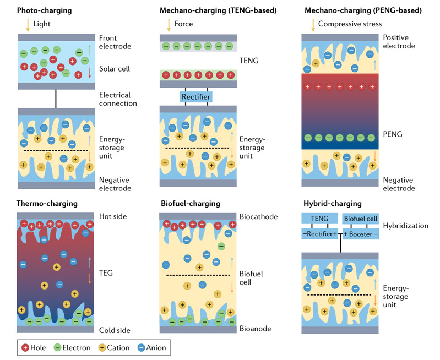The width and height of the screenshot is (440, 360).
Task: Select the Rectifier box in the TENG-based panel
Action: coord(195,97)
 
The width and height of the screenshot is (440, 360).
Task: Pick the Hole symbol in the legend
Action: coord(25,347)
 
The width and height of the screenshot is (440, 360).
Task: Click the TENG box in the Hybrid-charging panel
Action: coord(319,219)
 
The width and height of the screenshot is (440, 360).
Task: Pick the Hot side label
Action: coord(113,216)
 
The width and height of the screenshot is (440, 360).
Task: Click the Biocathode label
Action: coord(258,216)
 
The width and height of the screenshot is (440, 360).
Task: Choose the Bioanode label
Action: coord(255,329)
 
